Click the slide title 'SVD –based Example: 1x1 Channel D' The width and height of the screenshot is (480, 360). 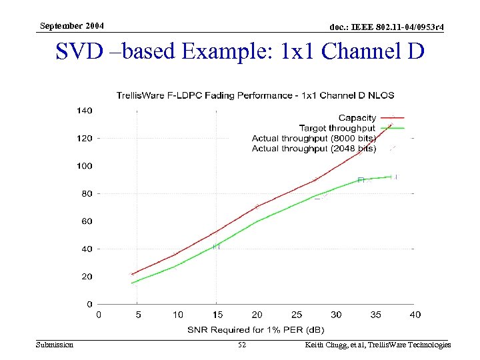pos(240,51)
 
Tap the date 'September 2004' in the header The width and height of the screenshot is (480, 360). pos(71,26)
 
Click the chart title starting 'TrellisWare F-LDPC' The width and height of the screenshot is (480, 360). pos(264,95)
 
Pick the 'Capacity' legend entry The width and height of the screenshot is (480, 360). pos(357,118)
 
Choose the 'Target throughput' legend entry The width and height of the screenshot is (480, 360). pos(337,128)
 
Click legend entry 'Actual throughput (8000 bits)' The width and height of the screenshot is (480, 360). pos(313,138)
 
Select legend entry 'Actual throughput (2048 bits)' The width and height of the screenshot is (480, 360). pos(313,149)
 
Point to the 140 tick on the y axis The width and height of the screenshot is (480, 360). pos(85,111)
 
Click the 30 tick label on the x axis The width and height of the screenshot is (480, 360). pos(335,315)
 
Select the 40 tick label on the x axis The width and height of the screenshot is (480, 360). pos(415,315)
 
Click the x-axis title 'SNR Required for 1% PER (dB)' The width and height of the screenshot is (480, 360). pos(257,329)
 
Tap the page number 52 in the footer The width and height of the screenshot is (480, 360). pos(241,345)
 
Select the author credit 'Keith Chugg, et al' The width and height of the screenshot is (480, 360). pos(334,345)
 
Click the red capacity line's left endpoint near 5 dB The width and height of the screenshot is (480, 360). pos(132,274)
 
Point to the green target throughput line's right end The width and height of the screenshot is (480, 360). pos(391,177)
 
